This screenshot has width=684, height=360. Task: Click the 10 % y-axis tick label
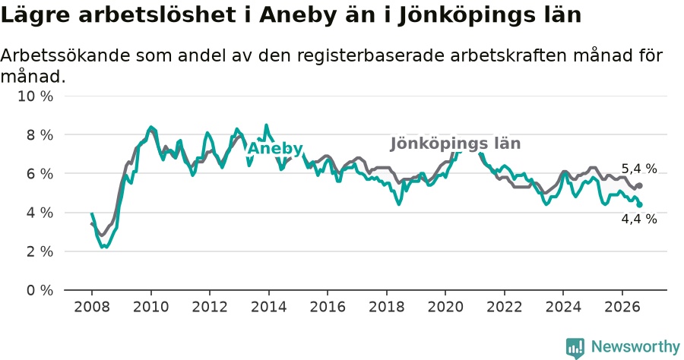coord(35,96)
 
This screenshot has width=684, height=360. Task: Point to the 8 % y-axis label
coord(40,135)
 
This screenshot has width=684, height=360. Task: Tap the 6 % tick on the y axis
coord(40,174)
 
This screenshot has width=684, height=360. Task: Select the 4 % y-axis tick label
coord(40,213)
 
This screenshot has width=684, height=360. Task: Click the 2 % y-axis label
coord(40,251)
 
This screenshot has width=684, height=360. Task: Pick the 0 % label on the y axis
coord(40,290)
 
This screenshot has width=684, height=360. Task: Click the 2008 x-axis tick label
coord(92,307)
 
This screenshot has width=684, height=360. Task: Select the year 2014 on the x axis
coord(268,307)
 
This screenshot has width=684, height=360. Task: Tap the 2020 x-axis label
coord(445,307)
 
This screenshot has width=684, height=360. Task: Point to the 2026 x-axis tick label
coord(622,307)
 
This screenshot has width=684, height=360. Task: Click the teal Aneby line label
coord(275,149)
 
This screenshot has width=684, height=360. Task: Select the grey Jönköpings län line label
coord(455,144)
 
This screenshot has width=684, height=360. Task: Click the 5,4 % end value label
coord(639,169)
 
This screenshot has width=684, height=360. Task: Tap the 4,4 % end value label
coord(639,219)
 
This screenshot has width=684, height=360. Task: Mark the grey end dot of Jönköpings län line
coord(639,185)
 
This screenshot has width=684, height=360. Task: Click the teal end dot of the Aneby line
coord(639,205)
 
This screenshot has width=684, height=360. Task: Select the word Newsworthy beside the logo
coord(635,347)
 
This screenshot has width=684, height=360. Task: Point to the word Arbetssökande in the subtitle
coord(65,55)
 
